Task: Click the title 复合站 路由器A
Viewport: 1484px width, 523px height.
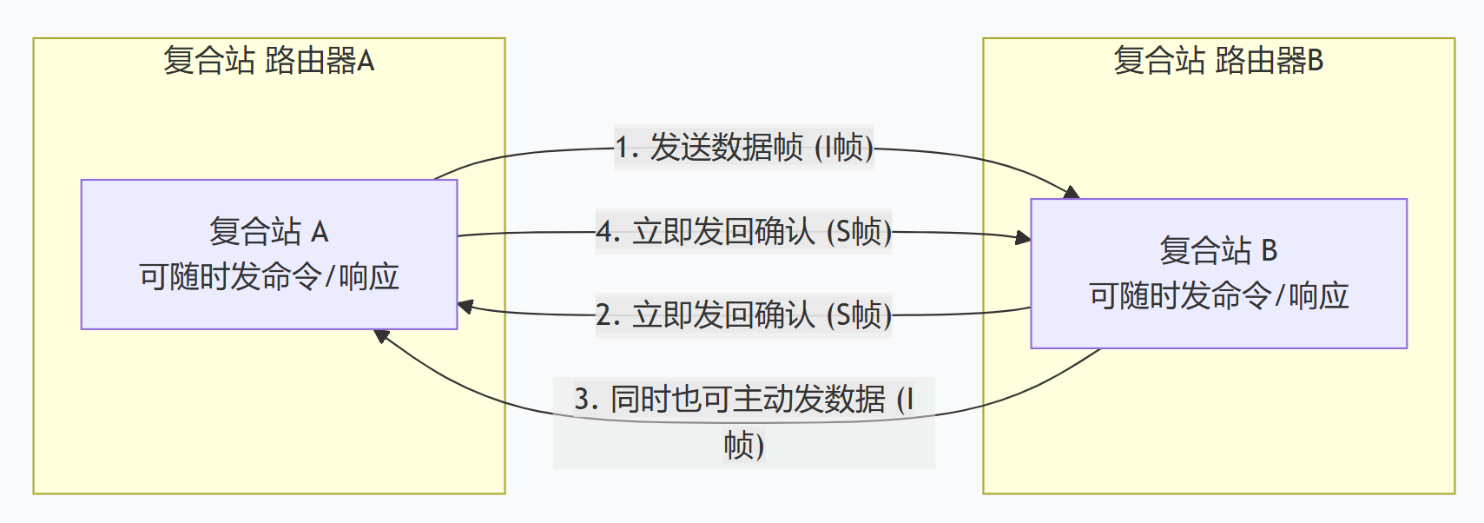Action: pyautogui.click(x=268, y=61)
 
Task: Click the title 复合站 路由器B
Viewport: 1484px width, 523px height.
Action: pyautogui.click(x=1217, y=61)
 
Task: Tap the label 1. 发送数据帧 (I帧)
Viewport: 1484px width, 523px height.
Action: pyautogui.click(x=743, y=148)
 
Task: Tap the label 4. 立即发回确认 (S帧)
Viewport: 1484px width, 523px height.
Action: pyautogui.click(x=743, y=232)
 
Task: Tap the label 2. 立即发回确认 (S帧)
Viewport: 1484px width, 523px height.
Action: pyautogui.click(x=743, y=314)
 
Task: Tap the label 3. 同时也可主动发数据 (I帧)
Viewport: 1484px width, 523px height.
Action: pyautogui.click(x=743, y=422)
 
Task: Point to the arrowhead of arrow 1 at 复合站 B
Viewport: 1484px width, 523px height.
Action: pyautogui.click(x=1072, y=192)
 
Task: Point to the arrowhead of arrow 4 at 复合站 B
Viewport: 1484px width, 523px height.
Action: pyautogui.click(x=1024, y=237)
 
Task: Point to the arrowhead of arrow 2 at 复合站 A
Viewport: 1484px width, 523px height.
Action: pyautogui.click(x=465, y=307)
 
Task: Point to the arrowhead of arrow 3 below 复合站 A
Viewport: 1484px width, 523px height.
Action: pyautogui.click(x=381, y=335)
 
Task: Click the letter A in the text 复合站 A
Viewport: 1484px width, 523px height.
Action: pyautogui.click(x=320, y=232)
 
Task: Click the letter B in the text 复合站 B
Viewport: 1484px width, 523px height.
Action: pyautogui.click(x=1269, y=251)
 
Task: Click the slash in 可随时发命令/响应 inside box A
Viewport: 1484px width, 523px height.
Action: pyautogui.click(x=329, y=277)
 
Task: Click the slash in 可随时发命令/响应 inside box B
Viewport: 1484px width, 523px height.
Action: pyautogui.click(x=1279, y=296)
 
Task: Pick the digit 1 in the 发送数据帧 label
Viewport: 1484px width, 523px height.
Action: pyautogui.click(x=623, y=148)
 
